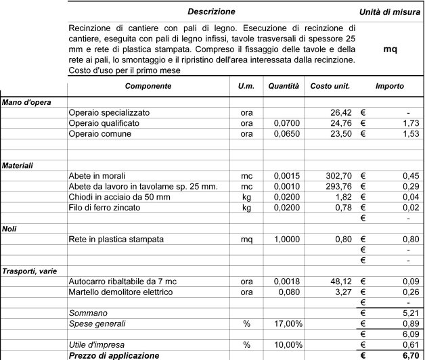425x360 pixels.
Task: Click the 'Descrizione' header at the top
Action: tap(211, 12)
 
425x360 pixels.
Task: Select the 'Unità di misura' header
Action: tap(390, 12)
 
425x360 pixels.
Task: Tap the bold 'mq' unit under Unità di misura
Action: tap(390, 50)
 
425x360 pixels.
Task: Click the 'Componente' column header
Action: tap(148, 87)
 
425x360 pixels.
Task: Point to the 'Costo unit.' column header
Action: tap(330, 87)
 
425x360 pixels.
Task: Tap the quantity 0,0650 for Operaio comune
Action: tap(286, 134)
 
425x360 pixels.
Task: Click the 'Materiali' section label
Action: tap(18, 165)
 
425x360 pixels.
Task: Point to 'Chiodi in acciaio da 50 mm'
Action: tap(120, 197)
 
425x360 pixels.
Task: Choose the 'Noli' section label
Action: tap(10, 229)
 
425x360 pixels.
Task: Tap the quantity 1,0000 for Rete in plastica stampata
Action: tap(286, 240)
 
